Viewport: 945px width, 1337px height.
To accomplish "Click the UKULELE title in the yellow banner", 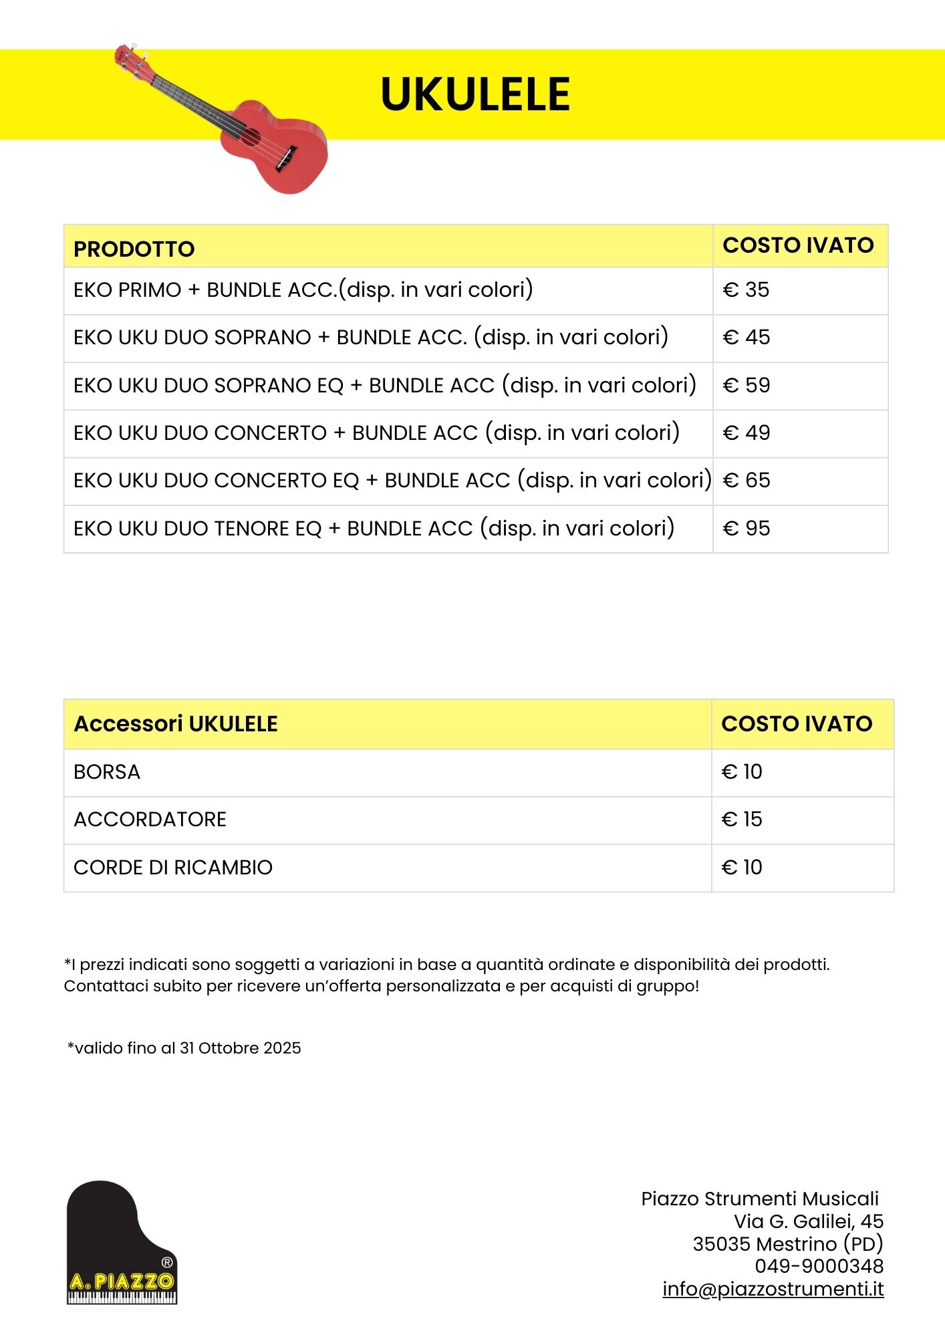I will pos(475,94).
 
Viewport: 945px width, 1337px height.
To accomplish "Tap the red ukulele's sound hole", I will pos(250,137).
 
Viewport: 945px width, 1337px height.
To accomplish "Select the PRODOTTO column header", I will pos(134,249).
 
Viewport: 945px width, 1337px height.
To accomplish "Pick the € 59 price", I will pos(747,386).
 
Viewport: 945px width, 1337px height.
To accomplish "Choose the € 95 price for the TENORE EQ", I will pos(747,529).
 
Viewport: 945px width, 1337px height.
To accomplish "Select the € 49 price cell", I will pos(747,433).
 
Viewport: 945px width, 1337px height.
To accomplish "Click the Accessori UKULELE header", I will pos(176,724).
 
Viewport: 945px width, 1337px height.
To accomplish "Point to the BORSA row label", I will pos(107,772).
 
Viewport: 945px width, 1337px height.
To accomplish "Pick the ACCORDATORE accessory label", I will pos(150,820).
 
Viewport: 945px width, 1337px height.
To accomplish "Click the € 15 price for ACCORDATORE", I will pos(742,820).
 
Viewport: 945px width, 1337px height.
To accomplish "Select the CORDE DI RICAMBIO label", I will pos(173,868).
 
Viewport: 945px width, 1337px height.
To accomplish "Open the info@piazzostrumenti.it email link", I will pos(773,1289).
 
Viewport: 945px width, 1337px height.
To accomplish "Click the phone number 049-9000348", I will pos(819,1266).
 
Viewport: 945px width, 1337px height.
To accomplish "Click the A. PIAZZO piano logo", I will pos(122,1243).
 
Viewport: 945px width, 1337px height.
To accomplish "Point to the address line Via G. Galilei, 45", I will pos(808,1221).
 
